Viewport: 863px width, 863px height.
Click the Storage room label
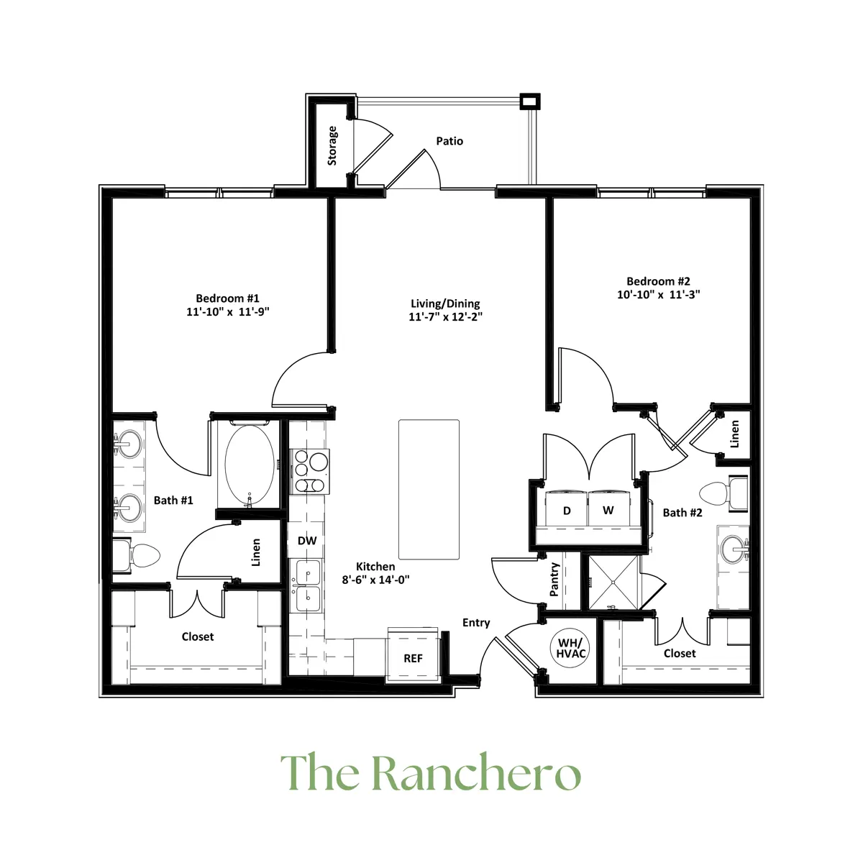point(332,145)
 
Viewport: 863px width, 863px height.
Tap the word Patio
point(449,141)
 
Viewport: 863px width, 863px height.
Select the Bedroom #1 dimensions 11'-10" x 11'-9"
point(228,311)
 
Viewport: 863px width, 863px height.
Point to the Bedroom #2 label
point(658,281)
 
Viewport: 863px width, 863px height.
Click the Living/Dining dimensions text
point(445,316)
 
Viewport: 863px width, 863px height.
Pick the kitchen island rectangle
point(429,489)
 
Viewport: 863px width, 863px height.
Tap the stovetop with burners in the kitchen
point(309,471)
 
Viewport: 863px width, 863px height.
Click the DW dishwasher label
point(307,541)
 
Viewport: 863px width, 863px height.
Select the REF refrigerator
point(413,655)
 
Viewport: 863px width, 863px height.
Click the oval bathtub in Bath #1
point(249,466)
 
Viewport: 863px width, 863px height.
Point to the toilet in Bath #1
point(136,556)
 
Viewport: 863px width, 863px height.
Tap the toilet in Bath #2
point(723,493)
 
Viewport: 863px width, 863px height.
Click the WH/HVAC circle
point(570,648)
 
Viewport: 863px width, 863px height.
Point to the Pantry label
point(554,580)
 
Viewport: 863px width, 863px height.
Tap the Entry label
point(476,623)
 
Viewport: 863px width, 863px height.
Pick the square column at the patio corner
point(530,101)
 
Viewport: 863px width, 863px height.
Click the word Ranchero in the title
point(475,773)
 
